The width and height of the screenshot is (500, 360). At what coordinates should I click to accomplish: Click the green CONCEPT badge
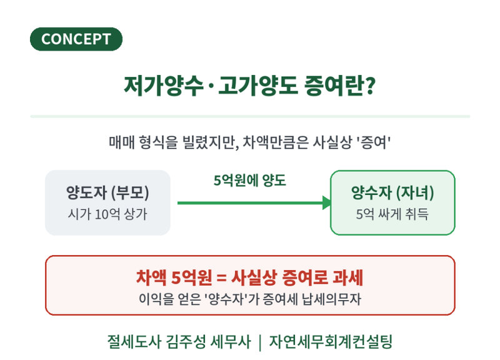[x=76, y=39]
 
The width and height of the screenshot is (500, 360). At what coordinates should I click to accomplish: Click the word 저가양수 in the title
[x=164, y=86]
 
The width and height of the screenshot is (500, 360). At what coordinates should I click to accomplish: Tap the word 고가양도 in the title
[x=258, y=86]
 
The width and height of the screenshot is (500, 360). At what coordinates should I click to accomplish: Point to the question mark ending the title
[x=369, y=86]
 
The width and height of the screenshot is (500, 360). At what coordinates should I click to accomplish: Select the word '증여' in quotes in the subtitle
[x=373, y=142]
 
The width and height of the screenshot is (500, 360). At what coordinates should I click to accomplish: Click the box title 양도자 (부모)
[x=107, y=192]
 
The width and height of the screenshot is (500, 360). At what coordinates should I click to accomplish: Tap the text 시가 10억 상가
[x=107, y=214]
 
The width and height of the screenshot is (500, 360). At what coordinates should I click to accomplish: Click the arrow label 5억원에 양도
[x=249, y=181]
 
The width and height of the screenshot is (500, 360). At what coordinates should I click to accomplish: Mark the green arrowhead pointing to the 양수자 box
[x=326, y=202]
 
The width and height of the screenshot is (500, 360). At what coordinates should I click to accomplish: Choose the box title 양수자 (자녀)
[x=392, y=192]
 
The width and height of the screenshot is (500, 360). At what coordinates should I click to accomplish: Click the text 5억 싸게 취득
[x=392, y=214]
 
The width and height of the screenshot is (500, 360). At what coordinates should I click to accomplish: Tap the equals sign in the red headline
[x=221, y=277]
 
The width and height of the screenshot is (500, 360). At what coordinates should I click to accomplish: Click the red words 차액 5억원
[x=174, y=277]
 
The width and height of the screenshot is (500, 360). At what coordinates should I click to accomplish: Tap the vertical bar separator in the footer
[x=260, y=342]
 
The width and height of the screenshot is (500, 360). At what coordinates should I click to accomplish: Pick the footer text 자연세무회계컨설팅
[x=331, y=342]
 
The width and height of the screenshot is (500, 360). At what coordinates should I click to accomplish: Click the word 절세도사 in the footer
[x=134, y=342]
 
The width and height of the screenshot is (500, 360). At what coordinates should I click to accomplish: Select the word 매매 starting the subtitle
[x=122, y=142]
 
